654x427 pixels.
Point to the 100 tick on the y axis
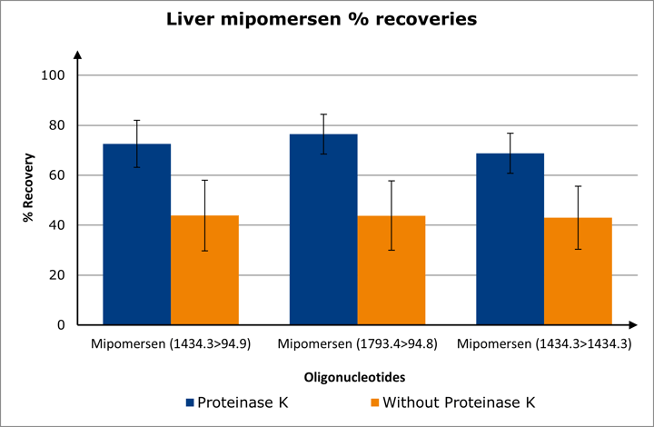(55, 75)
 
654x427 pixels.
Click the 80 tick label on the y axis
(59, 125)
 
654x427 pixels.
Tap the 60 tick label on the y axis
(59, 175)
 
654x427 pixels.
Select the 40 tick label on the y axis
(59, 225)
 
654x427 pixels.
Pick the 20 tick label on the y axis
(59, 275)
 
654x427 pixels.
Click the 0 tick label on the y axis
(63, 325)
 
